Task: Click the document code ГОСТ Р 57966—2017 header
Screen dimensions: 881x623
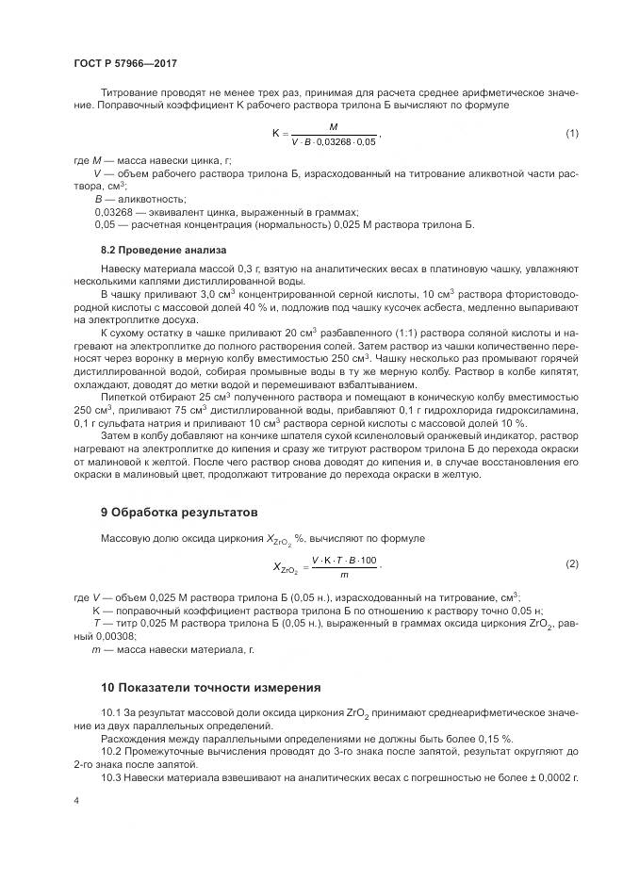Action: pyautogui.click(x=124, y=63)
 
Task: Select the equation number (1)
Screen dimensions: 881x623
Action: pyautogui.click(x=571, y=133)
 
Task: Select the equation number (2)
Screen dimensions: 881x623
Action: pyautogui.click(x=571, y=563)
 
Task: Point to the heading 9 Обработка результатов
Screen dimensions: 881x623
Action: pyautogui.click(x=178, y=514)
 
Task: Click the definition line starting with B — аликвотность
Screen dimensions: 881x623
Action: pyautogui.click(x=139, y=200)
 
